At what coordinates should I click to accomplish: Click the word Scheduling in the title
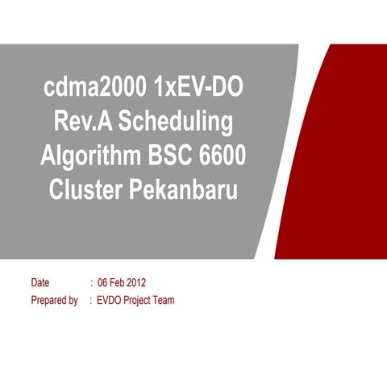pos(177,122)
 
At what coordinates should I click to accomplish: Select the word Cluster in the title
pos(85,191)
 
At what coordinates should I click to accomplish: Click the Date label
pos(40,283)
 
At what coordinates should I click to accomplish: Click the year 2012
pos(138,283)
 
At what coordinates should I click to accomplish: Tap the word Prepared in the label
pos(48,301)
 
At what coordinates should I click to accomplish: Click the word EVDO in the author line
pos(110,301)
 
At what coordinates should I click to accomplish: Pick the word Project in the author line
pos(139,301)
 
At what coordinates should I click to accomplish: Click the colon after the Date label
pos(91,283)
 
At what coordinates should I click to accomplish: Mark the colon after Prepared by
pos(91,301)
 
